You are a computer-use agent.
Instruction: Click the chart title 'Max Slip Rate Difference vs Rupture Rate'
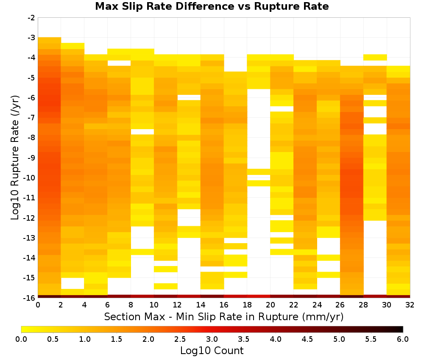[x=212, y=6]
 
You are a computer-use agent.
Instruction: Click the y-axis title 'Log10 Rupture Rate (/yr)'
[x=15, y=158]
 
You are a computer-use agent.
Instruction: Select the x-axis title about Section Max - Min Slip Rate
[x=223, y=316]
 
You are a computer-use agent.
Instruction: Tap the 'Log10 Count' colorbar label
[x=212, y=351]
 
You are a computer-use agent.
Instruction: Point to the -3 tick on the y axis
[x=31, y=38]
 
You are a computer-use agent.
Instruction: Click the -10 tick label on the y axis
[x=30, y=178]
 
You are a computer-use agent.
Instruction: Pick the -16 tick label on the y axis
[x=30, y=298]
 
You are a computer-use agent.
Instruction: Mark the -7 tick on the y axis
[x=31, y=118]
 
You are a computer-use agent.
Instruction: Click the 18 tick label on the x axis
[x=247, y=305]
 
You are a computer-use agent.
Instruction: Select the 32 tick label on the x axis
[x=410, y=305]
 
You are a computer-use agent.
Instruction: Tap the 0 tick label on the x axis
[x=38, y=305]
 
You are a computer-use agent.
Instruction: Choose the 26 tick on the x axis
[x=340, y=305]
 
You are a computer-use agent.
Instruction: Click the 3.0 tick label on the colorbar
[x=212, y=339]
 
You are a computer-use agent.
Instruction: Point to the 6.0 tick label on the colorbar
[x=403, y=339]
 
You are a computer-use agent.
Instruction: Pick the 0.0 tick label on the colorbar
[x=21, y=339]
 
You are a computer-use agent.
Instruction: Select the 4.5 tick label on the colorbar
[x=307, y=339]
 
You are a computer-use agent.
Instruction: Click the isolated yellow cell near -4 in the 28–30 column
[x=375, y=57]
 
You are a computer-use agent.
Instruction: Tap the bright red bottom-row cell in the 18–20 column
[x=259, y=296]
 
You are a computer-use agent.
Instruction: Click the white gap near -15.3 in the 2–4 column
[x=73, y=283]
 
